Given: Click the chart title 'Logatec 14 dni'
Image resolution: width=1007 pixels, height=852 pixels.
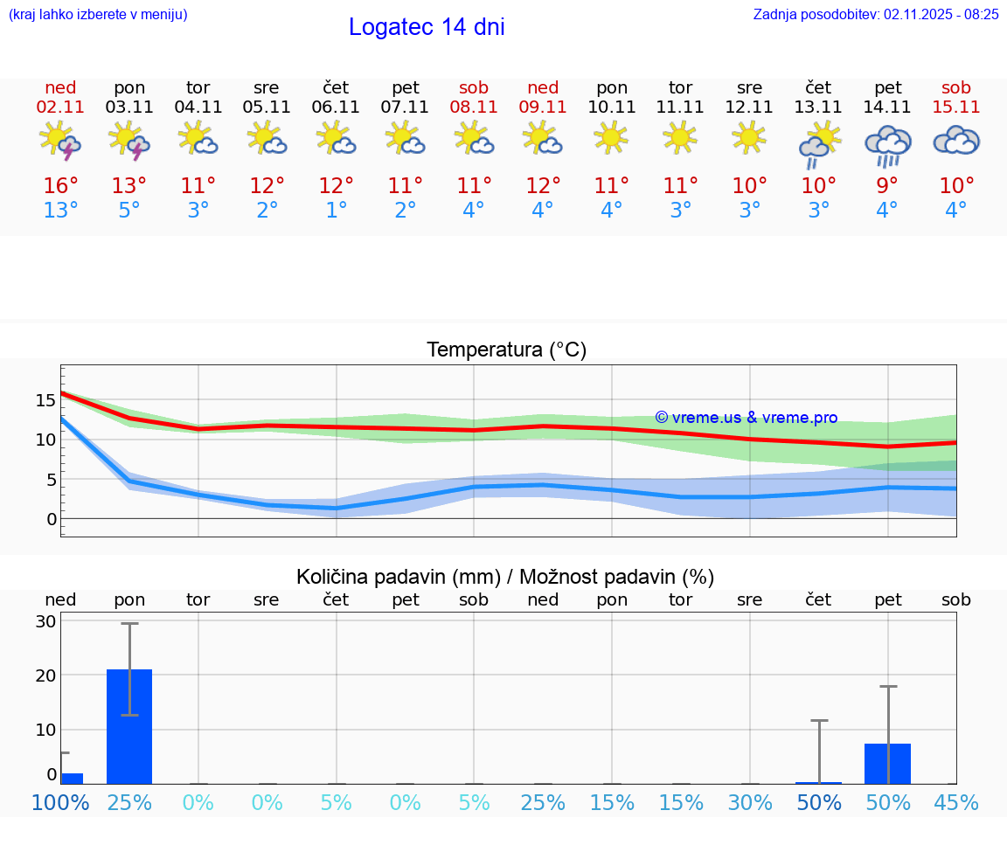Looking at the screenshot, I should pyautogui.click(x=427, y=27).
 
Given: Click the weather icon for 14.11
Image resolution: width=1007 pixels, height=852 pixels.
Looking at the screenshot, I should pyautogui.click(x=887, y=144).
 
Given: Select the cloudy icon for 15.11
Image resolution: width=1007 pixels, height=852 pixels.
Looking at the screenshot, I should pyautogui.click(x=956, y=141).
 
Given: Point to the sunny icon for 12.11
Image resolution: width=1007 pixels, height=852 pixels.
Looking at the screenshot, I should pyautogui.click(x=749, y=138).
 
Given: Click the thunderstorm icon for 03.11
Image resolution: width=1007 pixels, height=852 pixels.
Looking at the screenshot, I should pyautogui.click(x=129, y=141).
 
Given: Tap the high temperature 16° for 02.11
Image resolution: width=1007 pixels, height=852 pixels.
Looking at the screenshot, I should pyautogui.click(x=60, y=186).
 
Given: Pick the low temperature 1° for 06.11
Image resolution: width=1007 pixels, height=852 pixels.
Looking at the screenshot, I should pyautogui.click(x=336, y=211).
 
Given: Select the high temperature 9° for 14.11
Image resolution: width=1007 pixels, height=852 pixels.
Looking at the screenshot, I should pyautogui.click(x=887, y=186).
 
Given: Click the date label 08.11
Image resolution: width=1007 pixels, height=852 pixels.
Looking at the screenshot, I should pyautogui.click(x=474, y=107).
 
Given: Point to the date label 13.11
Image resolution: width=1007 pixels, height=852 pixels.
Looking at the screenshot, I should pyautogui.click(x=818, y=107).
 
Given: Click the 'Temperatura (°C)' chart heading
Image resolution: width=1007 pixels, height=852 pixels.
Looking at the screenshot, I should pyautogui.click(x=506, y=350).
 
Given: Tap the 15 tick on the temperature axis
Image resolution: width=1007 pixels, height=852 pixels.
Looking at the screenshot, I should pyautogui.click(x=45, y=400).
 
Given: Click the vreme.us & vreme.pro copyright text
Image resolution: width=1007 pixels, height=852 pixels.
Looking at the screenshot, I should pyautogui.click(x=746, y=418).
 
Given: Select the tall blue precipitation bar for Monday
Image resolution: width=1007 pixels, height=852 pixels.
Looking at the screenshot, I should pyautogui.click(x=129, y=726).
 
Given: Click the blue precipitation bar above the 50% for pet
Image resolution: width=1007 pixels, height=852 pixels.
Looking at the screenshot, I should pyautogui.click(x=887, y=764).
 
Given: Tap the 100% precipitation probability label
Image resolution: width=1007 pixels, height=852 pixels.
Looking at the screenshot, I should pyautogui.click(x=60, y=802).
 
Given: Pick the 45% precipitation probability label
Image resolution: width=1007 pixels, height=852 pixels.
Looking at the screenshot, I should pyautogui.click(x=956, y=802).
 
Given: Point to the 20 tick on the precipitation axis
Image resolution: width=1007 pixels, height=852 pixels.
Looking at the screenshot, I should pyautogui.click(x=45, y=675).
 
